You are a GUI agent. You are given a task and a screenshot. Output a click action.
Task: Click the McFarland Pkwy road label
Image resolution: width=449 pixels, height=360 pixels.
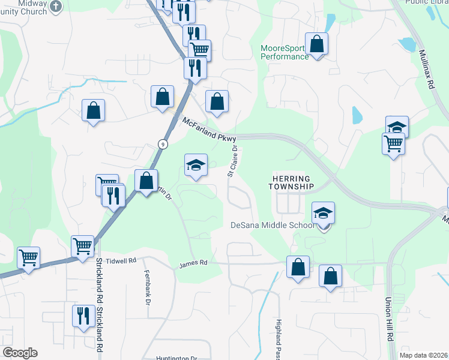209,129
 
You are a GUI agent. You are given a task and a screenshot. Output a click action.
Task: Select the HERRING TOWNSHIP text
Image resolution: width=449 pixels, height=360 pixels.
291,183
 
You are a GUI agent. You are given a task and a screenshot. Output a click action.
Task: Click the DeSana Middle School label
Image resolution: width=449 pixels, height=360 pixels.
273,226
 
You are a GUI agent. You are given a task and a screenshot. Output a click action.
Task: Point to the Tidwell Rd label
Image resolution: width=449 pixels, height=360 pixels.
121,261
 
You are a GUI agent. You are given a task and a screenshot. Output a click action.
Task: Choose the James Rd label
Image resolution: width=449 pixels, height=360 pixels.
193,263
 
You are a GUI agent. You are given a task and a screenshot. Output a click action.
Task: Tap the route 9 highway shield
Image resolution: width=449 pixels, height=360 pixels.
163,143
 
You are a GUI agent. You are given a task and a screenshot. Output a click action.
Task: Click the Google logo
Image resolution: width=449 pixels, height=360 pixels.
20,353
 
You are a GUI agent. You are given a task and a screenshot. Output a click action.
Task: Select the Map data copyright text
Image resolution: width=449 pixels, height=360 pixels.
423,355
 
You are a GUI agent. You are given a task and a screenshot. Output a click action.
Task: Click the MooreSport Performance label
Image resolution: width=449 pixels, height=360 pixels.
285,52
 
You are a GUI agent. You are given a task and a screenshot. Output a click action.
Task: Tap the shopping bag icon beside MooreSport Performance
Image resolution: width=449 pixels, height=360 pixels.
316,44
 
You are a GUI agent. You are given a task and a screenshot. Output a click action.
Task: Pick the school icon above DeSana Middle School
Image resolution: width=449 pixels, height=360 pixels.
323,213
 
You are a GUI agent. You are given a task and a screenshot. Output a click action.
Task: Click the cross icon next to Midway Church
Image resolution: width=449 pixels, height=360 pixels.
56,7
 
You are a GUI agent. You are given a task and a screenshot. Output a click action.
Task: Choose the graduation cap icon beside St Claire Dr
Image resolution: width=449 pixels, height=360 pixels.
195,165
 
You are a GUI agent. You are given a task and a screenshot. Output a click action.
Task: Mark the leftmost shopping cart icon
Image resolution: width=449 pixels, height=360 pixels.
28,258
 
